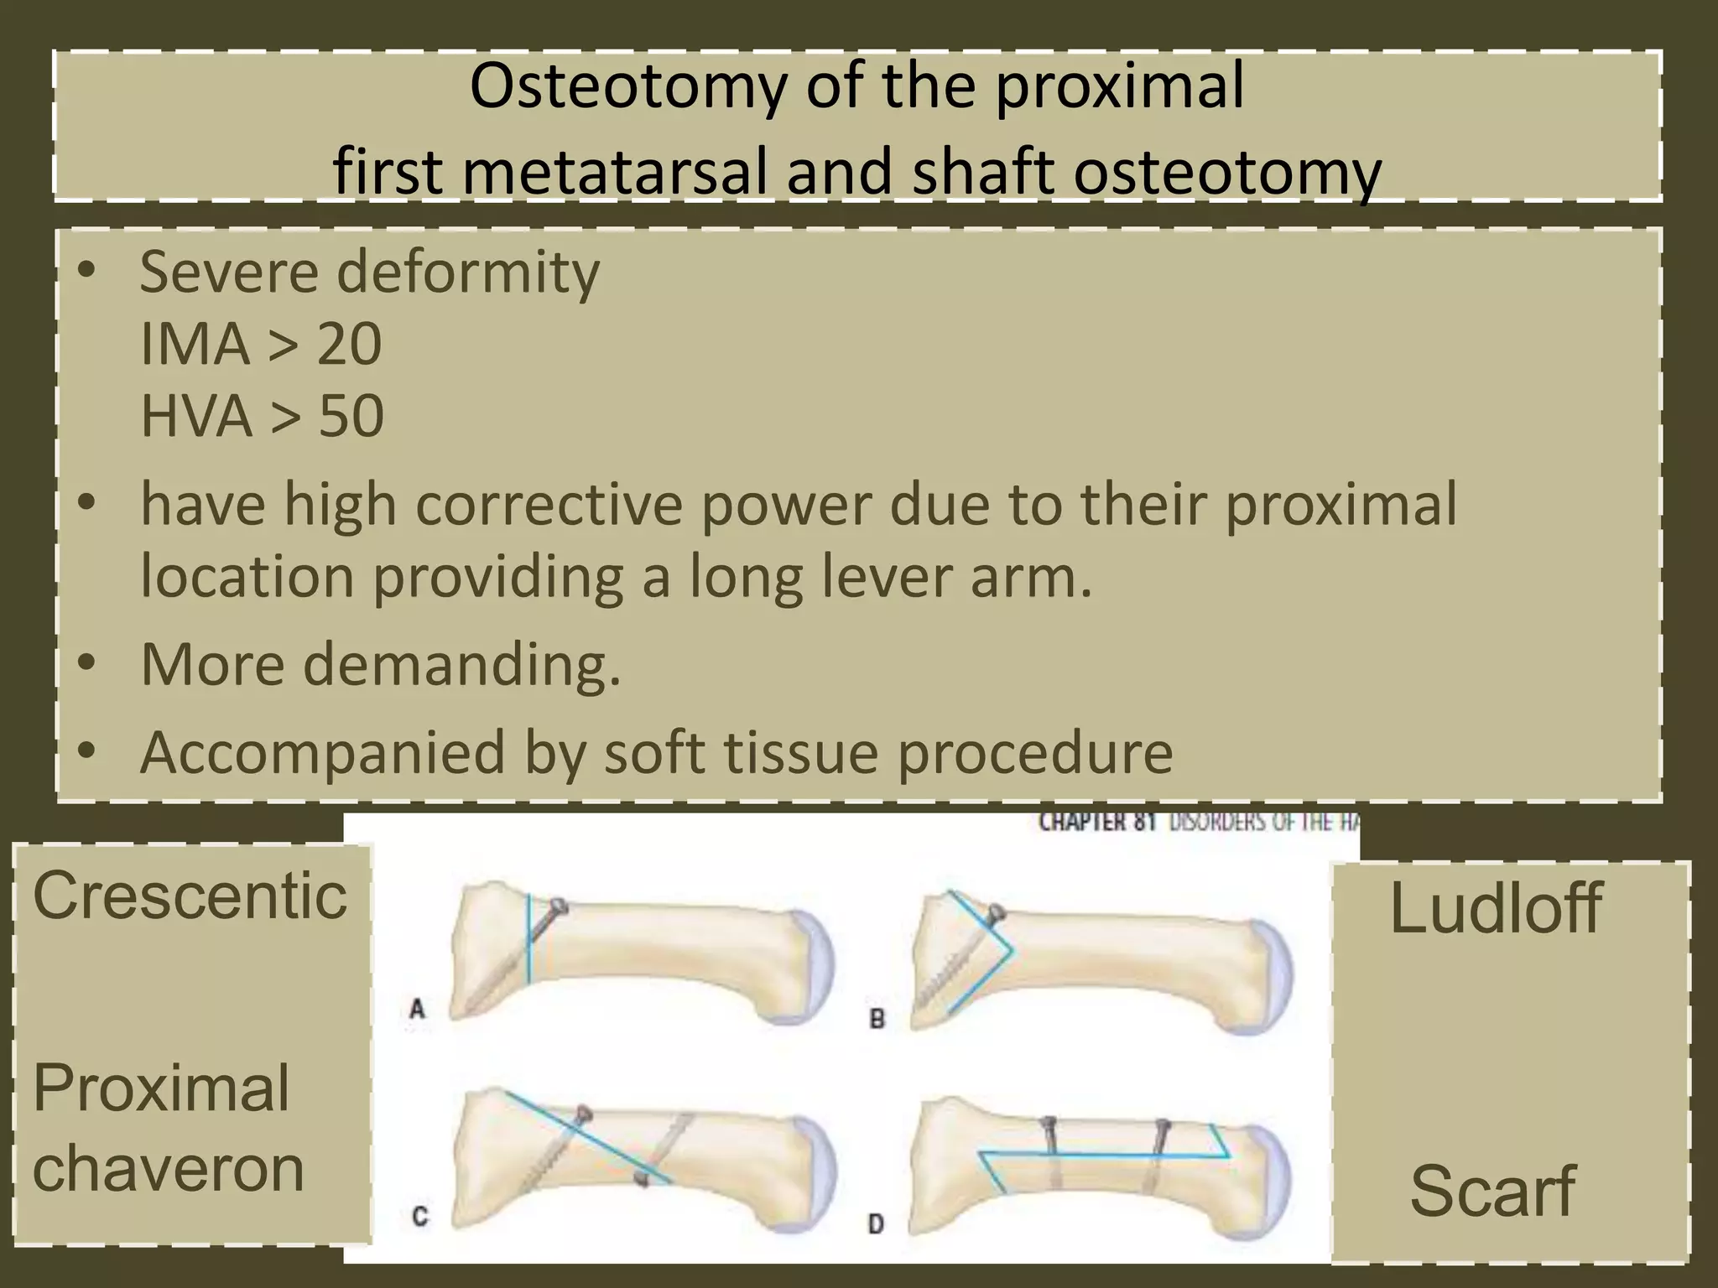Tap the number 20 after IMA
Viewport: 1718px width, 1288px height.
point(349,345)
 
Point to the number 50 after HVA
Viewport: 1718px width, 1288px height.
point(351,417)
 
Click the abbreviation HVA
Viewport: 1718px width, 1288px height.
point(195,417)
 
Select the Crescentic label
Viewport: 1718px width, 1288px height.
point(190,896)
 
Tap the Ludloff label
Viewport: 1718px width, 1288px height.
point(1496,908)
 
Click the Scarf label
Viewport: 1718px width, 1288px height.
point(1492,1191)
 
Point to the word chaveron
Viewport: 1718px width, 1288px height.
point(168,1169)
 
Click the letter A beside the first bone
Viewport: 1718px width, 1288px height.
point(417,1009)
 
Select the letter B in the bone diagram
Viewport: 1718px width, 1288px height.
point(877,1019)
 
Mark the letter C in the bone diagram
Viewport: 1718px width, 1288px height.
point(420,1216)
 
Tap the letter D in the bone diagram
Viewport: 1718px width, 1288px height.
point(876,1224)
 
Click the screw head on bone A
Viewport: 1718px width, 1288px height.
point(557,907)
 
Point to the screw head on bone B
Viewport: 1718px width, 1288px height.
point(996,913)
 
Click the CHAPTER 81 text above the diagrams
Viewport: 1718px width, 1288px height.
point(1097,823)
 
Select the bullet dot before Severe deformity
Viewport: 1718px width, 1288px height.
point(86,271)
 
